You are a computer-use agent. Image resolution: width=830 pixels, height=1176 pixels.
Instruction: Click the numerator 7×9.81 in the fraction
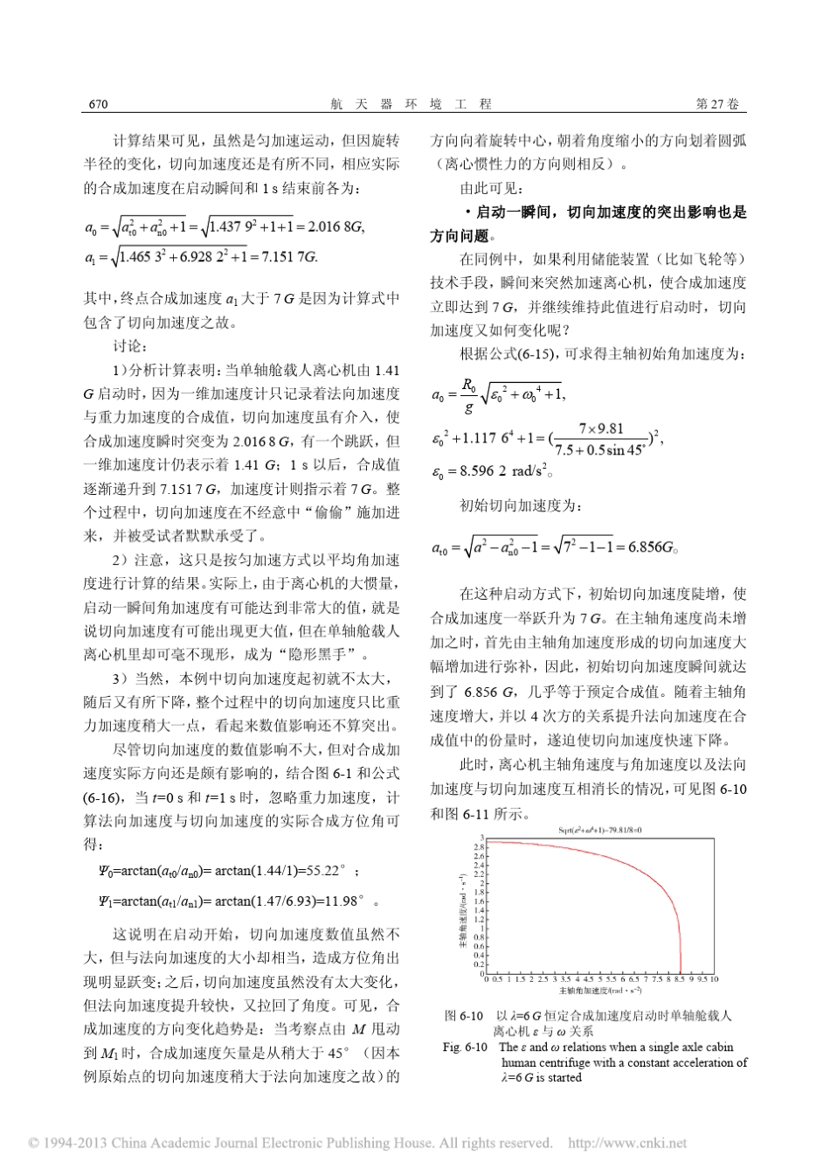pyautogui.click(x=601, y=428)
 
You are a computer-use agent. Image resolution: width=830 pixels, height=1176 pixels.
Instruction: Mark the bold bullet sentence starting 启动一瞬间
pyautogui.click(x=590, y=223)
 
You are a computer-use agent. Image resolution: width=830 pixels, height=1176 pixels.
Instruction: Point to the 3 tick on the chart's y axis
pyautogui.click(x=480, y=839)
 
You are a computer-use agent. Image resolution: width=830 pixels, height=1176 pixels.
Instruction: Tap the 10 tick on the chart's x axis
pyautogui.click(x=714, y=979)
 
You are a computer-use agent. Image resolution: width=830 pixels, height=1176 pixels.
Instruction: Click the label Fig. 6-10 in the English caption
pyautogui.click(x=464, y=1047)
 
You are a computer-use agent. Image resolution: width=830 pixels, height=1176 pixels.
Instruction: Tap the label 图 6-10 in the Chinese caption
pyautogui.click(x=464, y=1016)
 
